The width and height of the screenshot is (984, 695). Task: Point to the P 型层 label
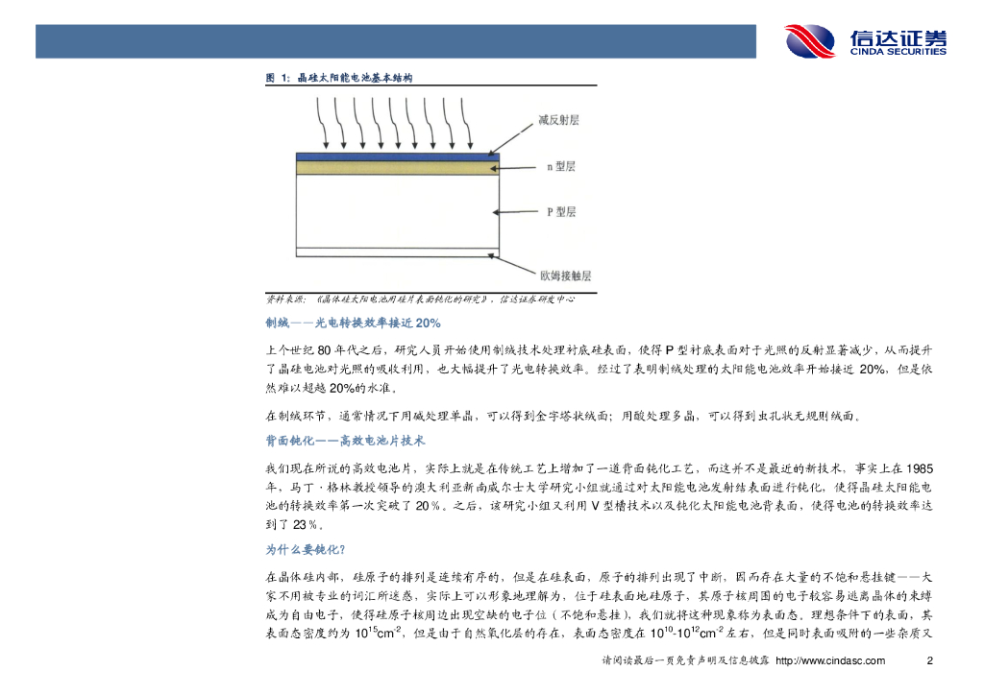(x=560, y=211)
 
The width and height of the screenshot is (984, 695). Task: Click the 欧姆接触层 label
(x=564, y=276)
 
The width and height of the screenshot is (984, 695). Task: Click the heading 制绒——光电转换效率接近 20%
(x=353, y=323)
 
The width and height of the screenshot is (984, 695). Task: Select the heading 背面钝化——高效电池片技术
(x=345, y=442)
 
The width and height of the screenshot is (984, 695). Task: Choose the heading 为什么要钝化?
(x=306, y=551)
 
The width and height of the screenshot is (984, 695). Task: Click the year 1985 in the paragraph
(x=917, y=468)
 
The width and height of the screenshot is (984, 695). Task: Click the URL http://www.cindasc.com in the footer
(x=829, y=660)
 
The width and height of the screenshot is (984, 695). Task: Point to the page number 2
(x=929, y=660)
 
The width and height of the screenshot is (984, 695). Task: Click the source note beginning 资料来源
(x=419, y=299)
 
